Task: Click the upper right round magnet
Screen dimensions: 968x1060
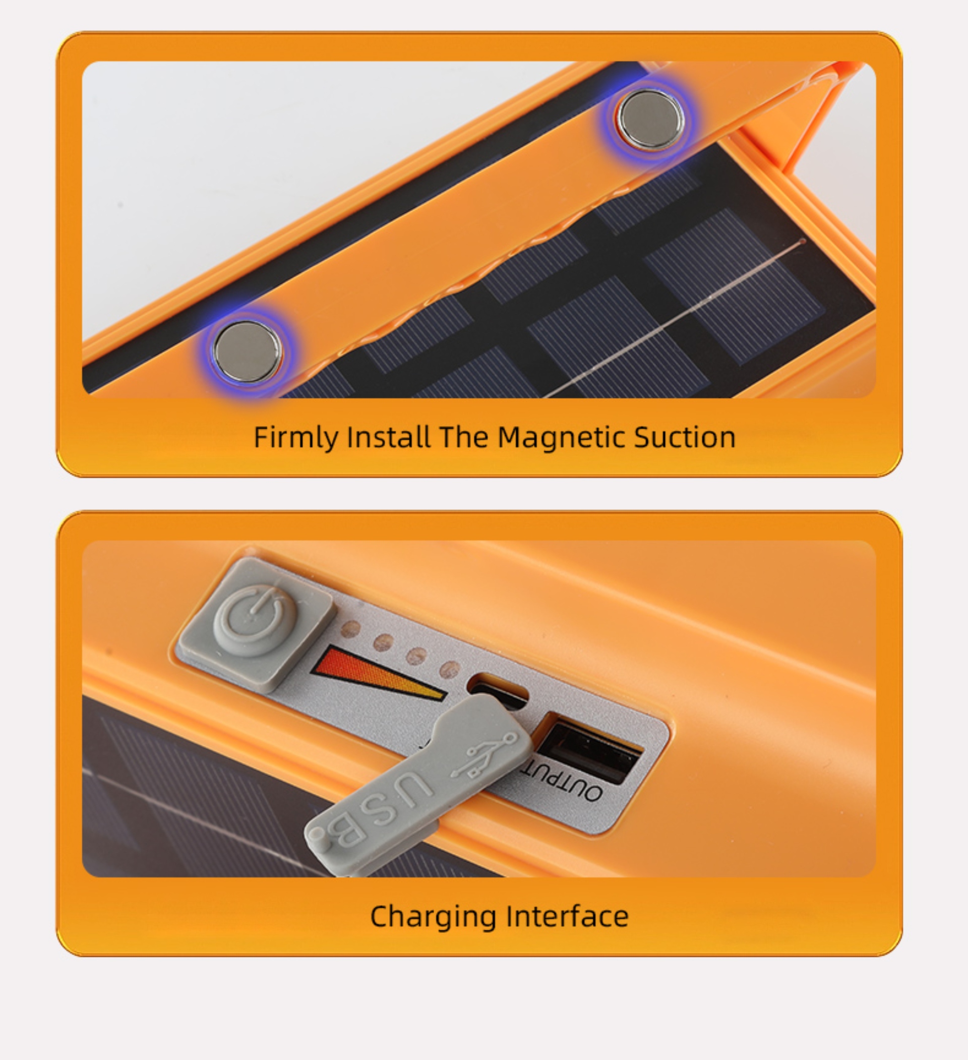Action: pyautogui.click(x=651, y=119)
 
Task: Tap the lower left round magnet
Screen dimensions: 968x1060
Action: pyautogui.click(x=248, y=351)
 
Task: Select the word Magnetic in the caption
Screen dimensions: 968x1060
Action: pyautogui.click(x=562, y=437)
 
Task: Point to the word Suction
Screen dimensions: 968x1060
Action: pyautogui.click(x=685, y=437)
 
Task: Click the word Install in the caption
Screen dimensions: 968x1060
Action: pyautogui.click(x=389, y=437)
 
